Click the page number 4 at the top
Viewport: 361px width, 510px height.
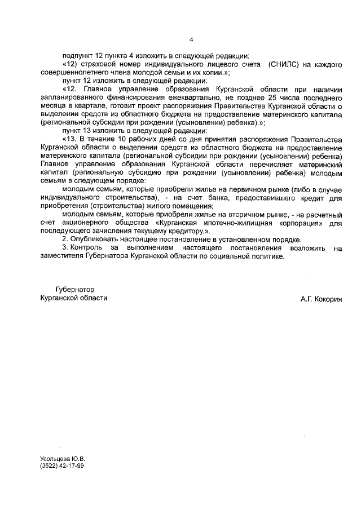click(191, 39)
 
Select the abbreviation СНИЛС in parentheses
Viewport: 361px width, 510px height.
click(285, 65)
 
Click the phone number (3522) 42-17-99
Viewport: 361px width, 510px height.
click(61, 467)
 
